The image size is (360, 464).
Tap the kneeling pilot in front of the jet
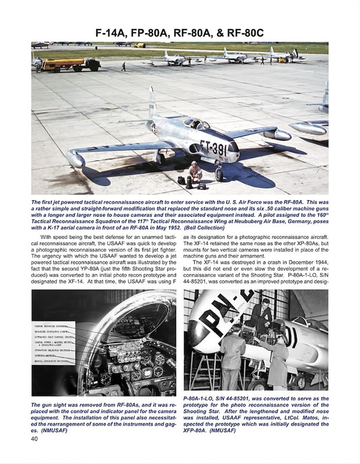(x=196, y=171)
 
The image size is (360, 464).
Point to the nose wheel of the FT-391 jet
(x=219, y=175)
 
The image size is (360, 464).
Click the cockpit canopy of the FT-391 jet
(x=195, y=123)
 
